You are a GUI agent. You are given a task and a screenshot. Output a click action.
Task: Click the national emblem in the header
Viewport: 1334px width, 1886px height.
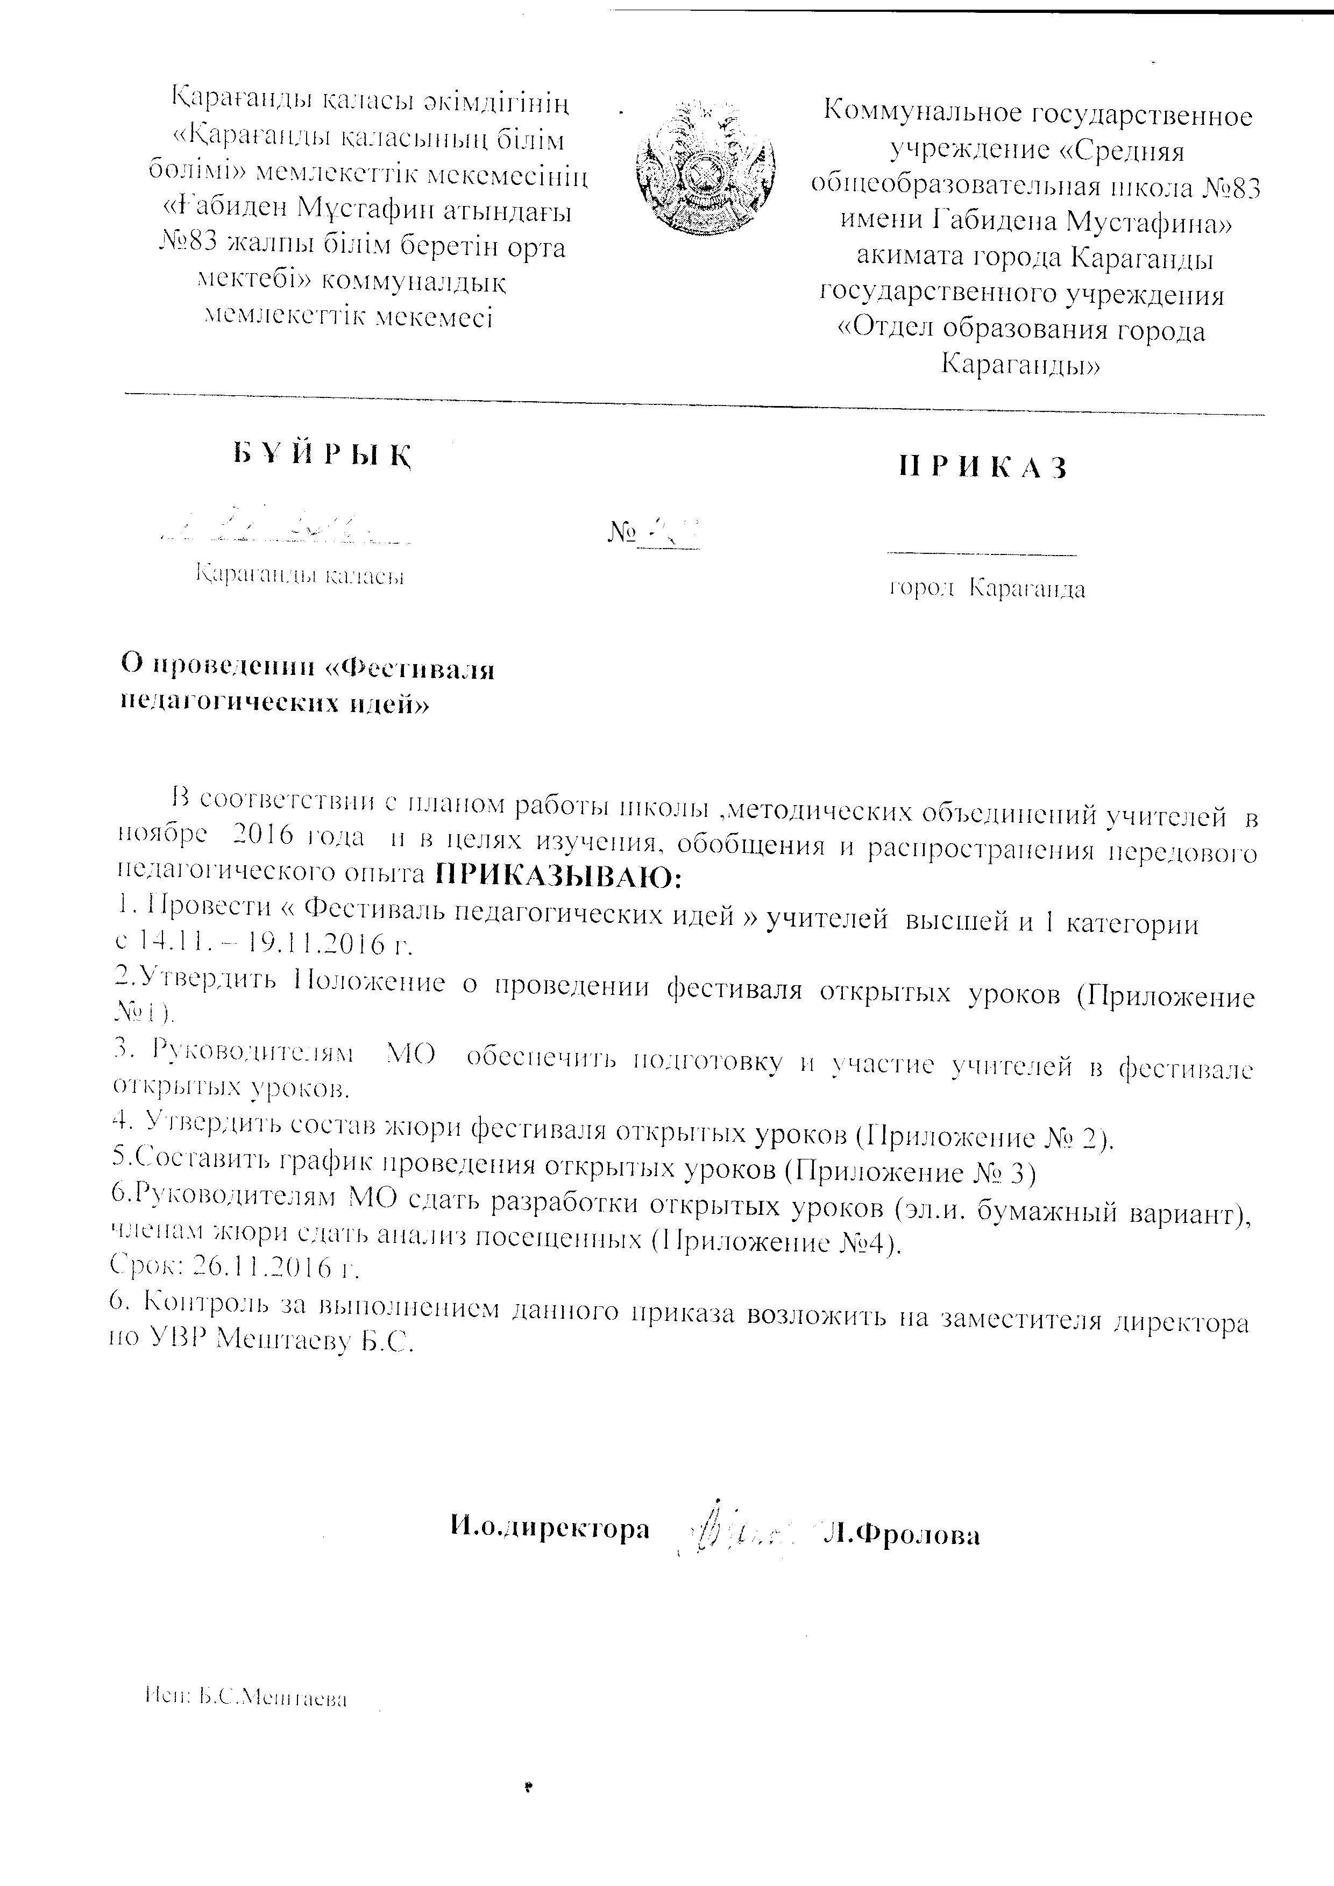pyautogui.click(x=706, y=168)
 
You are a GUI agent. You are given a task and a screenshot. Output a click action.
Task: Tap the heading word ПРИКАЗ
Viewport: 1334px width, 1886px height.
pyautogui.click(x=983, y=467)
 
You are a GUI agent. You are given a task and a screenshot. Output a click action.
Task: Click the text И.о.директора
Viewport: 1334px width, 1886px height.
pyautogui.click(x=550, y=1527)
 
